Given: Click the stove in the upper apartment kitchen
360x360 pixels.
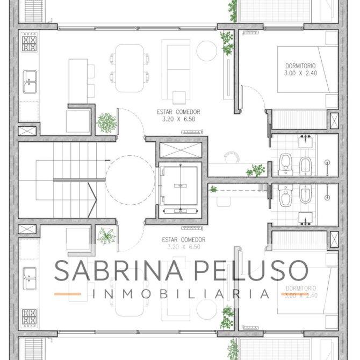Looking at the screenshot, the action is (x=29, y=42).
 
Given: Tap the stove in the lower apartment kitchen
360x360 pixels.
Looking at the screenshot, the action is (x=29, y=318).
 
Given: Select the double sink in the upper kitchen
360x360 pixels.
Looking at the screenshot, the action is (x=30, y=82).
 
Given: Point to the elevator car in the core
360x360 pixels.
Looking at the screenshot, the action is (x=180, y=186).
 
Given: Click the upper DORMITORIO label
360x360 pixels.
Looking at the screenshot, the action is (x=300, y=66).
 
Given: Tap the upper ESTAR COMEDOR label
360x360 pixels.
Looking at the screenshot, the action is (x=178, y=112).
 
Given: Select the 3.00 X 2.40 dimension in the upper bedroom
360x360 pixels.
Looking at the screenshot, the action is (x=301, y=73).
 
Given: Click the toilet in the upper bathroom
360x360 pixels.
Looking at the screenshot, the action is (x=286, y=165).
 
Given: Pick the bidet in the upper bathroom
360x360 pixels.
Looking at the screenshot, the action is (x=305, y=166).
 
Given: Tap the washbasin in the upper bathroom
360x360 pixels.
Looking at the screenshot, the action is (x=306, y=141).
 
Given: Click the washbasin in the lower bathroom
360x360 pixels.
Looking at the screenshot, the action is (x=306, y=218).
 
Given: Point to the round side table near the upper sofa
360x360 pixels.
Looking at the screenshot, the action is (x=207, y=51).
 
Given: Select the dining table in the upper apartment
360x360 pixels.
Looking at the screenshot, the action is (x=129, y=68).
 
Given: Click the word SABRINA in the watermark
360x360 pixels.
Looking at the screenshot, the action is (x=119, y=270).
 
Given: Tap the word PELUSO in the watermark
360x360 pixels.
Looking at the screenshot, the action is (x=251, y=270).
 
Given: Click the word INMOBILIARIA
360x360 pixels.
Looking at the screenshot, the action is (x=181, y=294).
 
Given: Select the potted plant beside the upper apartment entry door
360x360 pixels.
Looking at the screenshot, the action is (x=106, y=123).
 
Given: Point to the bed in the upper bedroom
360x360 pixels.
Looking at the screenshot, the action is (x=308, y=69).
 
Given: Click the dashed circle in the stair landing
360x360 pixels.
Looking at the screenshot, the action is (x=130, y=180).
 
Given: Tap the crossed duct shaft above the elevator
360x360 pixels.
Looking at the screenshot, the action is (x=181, y=150).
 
